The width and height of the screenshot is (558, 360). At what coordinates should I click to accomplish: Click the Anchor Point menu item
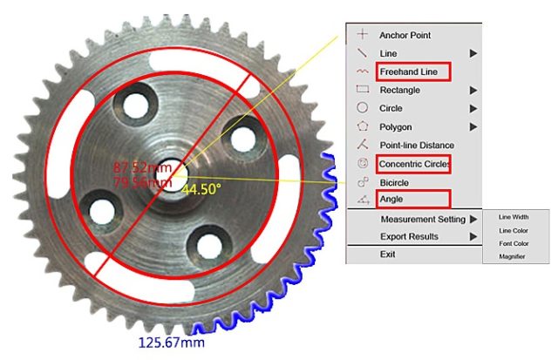pyautogui.click(x=405, y=35)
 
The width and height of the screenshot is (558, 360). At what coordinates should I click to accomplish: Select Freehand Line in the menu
pyautogui.click(x=408, y=71)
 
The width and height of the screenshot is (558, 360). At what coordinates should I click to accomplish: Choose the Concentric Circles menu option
pyautogui.click(x=414, y=164)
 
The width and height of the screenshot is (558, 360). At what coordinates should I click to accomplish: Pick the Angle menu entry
pyautogui.click(x=391, y=199)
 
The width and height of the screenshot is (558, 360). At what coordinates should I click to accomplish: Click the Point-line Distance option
pyautogui.click(x=417, y=146)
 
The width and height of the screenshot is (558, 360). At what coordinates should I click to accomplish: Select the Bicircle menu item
pyautogui.click(x=394, y=182)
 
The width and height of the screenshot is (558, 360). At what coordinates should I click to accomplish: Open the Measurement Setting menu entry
pyautogui.click(x=423, y=219)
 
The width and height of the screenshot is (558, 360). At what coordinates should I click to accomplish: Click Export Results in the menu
pyautogui.click(x=409, y=236)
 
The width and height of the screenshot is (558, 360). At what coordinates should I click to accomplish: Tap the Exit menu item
pyautogui.click(x=387, y=254)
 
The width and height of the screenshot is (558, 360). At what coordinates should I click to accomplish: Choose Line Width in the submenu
pyautogui.click(x=514, y=217)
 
